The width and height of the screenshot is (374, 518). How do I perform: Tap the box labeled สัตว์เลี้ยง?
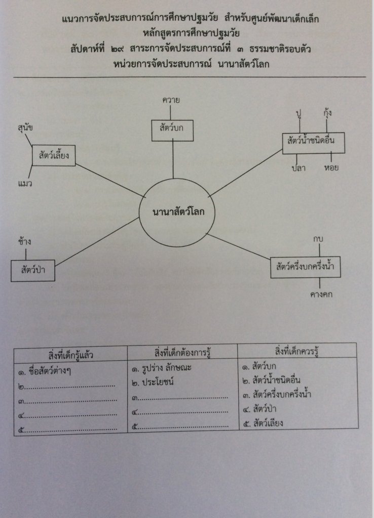tap(54, 156)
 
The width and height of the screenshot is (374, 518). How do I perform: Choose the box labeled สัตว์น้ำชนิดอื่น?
tap(313, 143)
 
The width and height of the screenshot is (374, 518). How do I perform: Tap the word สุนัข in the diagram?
tap(25, 128)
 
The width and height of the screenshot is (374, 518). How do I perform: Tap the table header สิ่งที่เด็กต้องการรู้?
tap(182, 352)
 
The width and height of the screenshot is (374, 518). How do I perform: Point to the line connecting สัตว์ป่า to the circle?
tap(96, 242)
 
